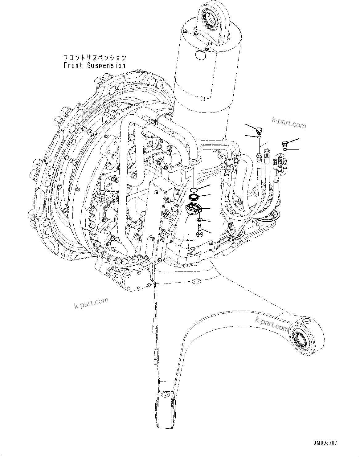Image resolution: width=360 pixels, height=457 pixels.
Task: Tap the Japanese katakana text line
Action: click(94, 58)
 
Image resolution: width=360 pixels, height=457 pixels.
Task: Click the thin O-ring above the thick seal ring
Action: click(194, 189)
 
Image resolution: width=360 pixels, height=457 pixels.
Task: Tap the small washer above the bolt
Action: click(199, 220)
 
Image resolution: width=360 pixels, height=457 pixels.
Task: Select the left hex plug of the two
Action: click(259, 130)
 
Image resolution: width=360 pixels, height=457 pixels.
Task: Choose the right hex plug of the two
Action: click(285, 144)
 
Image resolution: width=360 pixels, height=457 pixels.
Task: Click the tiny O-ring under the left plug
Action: click(260, 137)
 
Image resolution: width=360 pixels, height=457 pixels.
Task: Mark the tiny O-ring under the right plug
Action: click(285, 149)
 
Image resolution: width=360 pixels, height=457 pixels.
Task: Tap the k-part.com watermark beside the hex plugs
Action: click(289, 122)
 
